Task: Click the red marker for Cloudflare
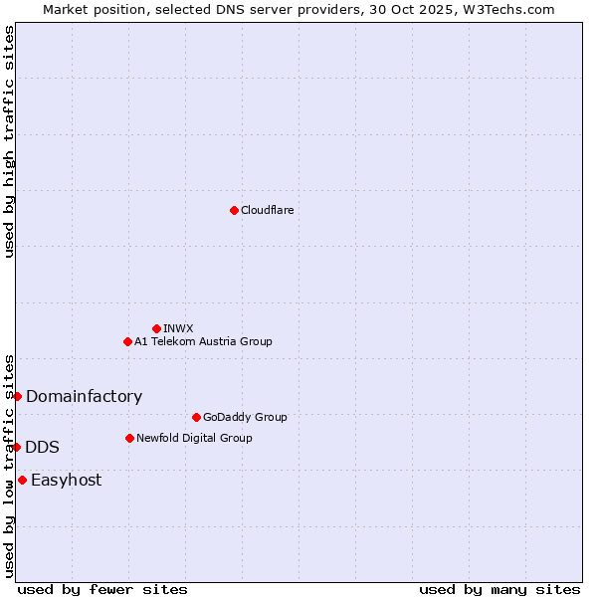coord(234,210)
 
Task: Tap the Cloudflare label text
coord(267,210)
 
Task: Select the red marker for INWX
coord(156,328)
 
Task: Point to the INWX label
coord(178,328)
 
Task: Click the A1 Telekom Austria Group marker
coord(127,341)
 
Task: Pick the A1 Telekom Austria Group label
coord(203,341)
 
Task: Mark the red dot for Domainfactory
coord(17,396)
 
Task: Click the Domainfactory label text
coord(84,396)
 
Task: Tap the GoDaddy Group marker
coord(196,417)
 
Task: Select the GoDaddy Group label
coord(244,417)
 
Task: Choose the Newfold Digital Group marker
coord(129,438)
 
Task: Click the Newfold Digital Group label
coord(194,438)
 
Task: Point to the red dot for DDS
coord(17,447)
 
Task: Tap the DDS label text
coord(42,447)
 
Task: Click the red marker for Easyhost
coord(22,480)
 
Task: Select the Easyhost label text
coord(66,480)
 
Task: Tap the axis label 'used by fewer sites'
coord(102,589)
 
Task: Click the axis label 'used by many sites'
coord(499,589)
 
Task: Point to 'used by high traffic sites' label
coord(9,141)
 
